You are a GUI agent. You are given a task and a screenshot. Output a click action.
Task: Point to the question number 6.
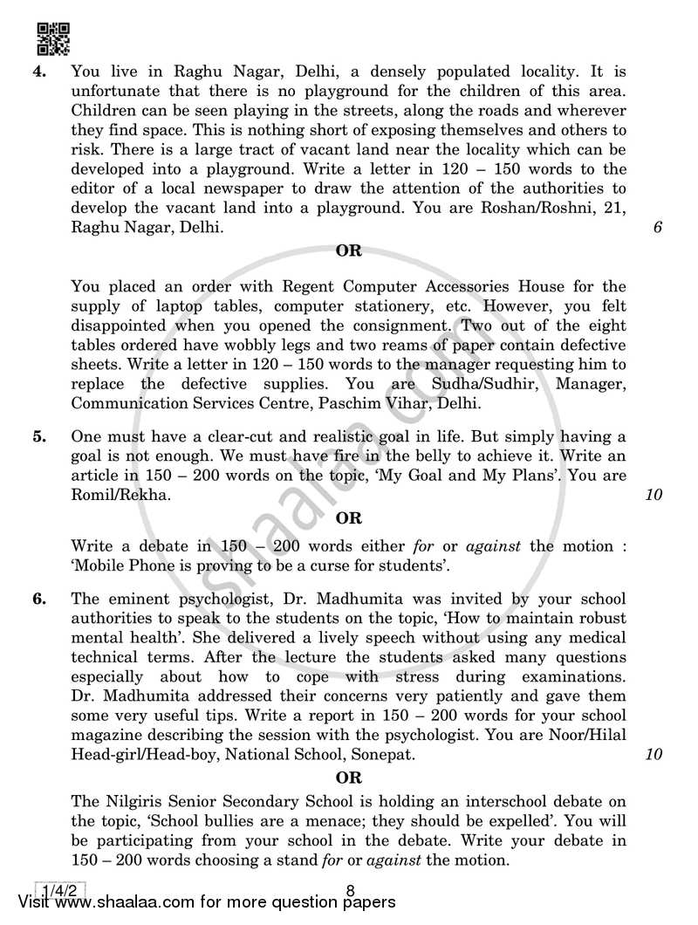click(x=39, y=599)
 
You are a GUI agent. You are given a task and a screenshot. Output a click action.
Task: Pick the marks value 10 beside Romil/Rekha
click(x=654, y=495)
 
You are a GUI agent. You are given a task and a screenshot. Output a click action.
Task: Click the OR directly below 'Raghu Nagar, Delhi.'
click(x=348, y=251)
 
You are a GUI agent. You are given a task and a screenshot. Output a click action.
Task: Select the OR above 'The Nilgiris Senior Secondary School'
click(x=348, y=777)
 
